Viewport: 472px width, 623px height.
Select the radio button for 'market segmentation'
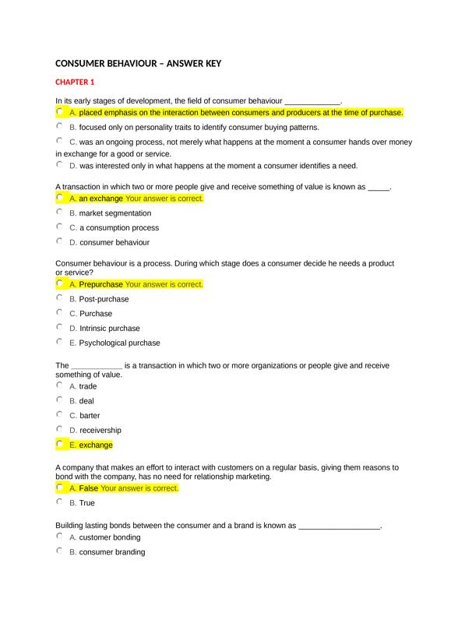[60, 212]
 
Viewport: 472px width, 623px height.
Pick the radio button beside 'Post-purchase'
[60, 297]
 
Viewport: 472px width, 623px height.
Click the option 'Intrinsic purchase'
[109, 329]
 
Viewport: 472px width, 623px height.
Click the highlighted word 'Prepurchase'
[101, 284]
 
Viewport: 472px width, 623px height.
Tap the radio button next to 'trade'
[60, 385]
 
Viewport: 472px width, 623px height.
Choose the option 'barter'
[89, 416]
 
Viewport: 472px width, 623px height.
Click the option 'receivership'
[100, 431]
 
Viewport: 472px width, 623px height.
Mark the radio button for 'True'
[60, 502]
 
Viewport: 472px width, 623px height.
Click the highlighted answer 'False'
[88, 488]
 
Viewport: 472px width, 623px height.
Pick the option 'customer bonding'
[109, 538]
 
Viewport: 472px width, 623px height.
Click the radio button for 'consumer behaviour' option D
[60, 241]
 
